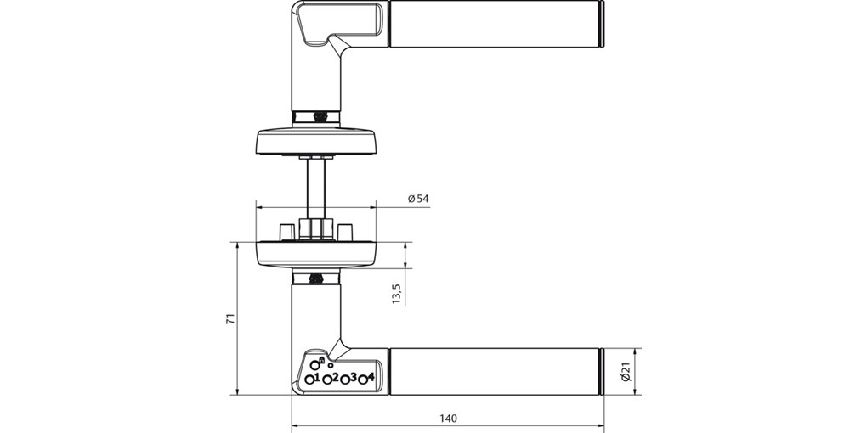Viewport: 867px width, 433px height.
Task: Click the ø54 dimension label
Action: pyautogui.click(x=418, y=199)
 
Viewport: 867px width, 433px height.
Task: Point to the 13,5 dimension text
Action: pyautogui.click(x=396, y=295)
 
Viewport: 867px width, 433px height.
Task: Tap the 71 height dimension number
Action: pyautogui.click(x=230, y=318)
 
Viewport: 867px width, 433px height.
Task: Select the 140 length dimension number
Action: pyautogui.click(x=449, y=419)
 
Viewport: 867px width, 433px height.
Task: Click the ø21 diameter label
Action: pyautogui.click(x=626, y=372)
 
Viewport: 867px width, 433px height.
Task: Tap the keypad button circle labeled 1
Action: pyautogui.click(x=309, y=380)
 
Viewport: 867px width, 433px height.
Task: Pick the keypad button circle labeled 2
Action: pyautogui.click(x=326, y=380)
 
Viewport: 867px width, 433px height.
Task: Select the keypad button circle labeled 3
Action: pyautogui.click(x=345, y=380)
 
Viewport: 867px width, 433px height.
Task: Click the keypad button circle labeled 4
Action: pyautogui.click(x=363, y=380)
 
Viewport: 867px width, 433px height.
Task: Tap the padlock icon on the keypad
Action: pyautogui.click(x=322, y=360)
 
